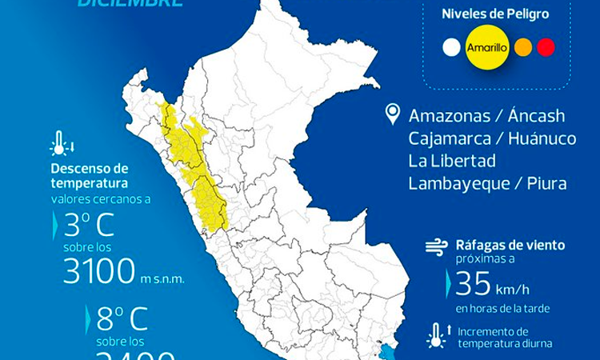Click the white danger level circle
pyautogui.click(x=452, y=47)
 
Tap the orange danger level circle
pyautogui.click(x=525, y=47)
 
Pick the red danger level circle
pyautogui.click(x=546, y=47)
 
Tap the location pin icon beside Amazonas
pyautogui.click(x=392, y=114)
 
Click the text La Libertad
pyautogui.click(x=452, y=160)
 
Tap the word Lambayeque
pyautogui.click(x=459, y=183)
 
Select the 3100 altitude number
pyautogui.click(x=99, y=273)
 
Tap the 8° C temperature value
pyautogui.click(x=121, y=320)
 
